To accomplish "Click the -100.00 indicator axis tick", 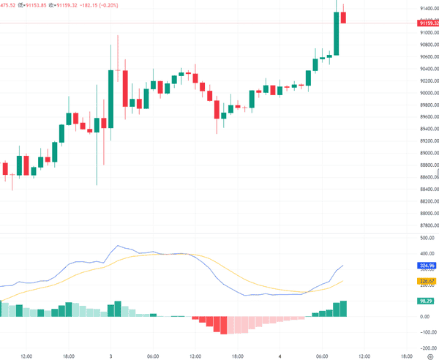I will pyautogui.click(x=422, y=332).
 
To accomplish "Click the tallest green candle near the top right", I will pyautogui.click(x=337, y=34).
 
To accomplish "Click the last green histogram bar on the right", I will pyautogui.click(x=343, y=309).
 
